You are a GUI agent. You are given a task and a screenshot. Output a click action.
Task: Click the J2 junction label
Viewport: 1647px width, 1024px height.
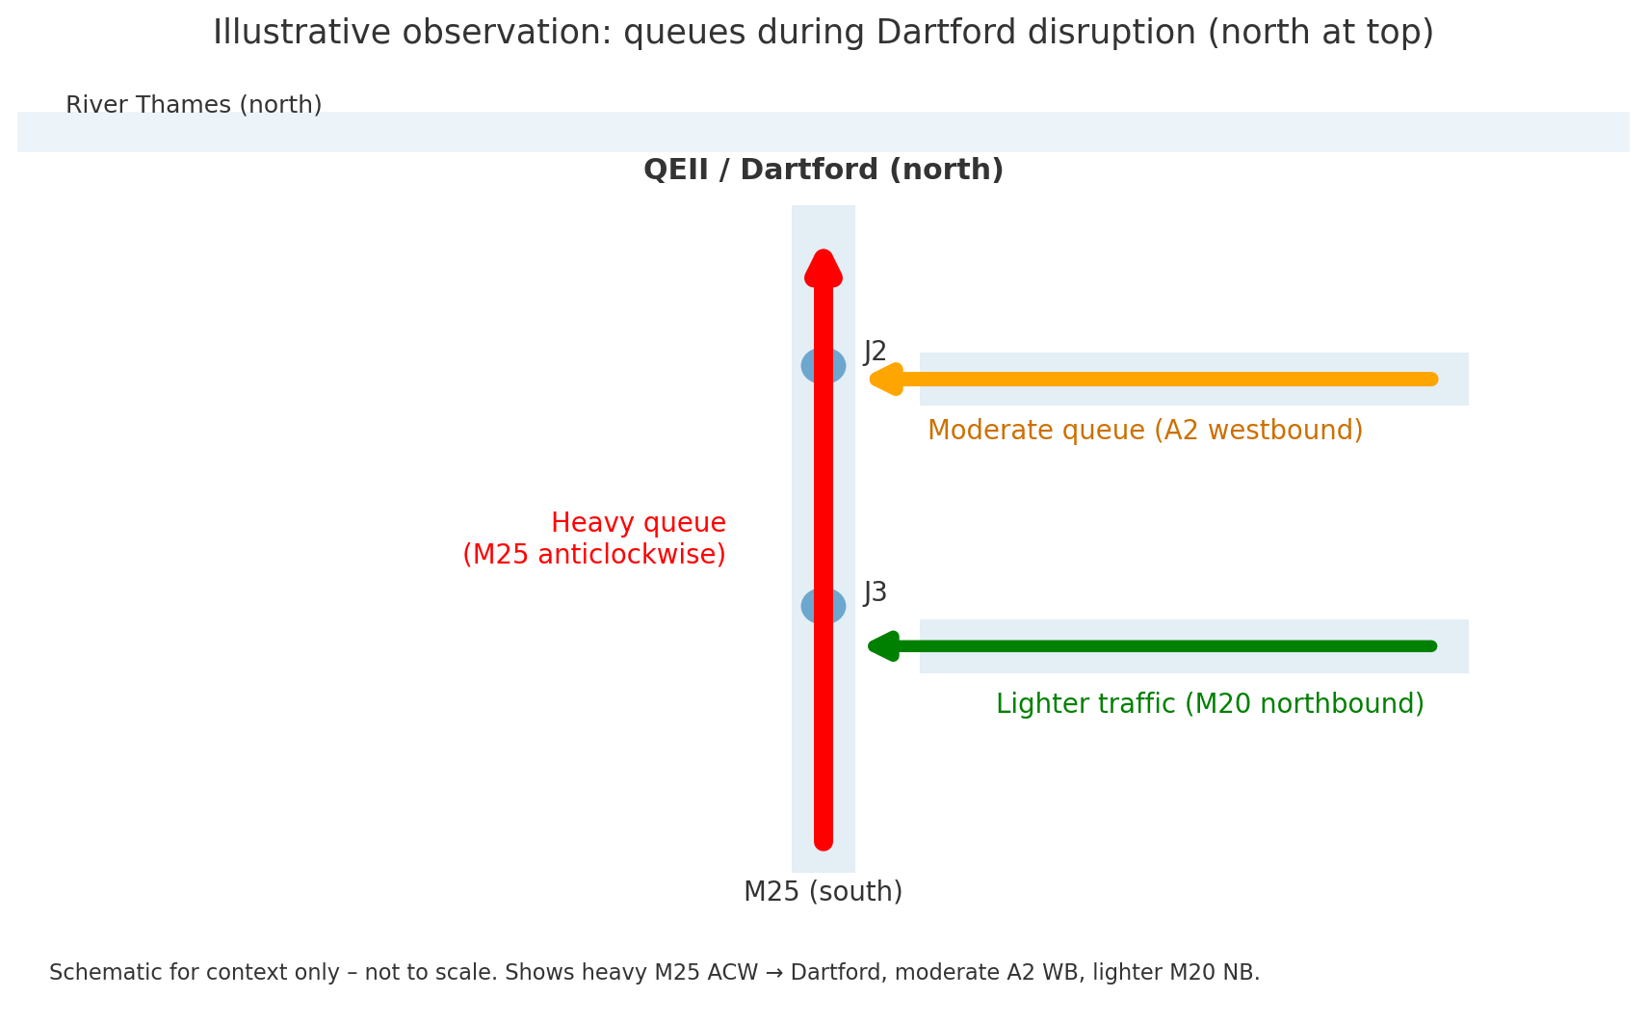875,353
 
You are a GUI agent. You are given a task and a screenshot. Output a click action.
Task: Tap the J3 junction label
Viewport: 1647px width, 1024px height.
875,593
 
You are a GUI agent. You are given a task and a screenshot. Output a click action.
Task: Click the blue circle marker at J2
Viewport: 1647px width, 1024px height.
823,366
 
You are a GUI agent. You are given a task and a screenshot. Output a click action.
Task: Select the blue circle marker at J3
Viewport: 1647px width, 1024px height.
823,606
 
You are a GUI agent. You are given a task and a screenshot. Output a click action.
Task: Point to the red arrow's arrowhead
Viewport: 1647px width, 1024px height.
823,267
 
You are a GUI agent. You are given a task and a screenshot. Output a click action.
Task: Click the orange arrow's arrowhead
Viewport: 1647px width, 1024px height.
886,380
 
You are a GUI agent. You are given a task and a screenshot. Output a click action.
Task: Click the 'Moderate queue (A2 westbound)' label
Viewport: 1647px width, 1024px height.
1145,431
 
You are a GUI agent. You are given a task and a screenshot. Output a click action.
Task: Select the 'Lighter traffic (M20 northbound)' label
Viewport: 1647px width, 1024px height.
1210,704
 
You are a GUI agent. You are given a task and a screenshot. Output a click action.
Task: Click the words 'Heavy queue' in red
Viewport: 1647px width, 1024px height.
639,523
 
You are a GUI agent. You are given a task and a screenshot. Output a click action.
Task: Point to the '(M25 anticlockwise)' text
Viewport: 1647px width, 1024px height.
594,555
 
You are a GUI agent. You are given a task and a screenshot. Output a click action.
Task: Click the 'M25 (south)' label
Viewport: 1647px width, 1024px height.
823,892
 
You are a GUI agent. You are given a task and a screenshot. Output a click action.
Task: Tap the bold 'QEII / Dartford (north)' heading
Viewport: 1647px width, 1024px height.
823,170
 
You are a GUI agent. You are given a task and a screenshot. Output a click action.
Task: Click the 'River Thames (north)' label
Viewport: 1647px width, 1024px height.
195,105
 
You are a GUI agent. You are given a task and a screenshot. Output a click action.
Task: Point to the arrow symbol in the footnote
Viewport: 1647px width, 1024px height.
773,973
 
